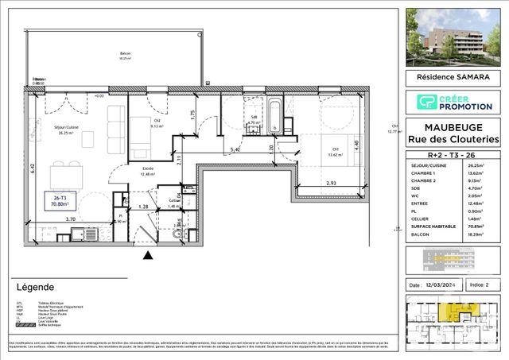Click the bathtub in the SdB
[274, 114]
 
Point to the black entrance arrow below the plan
[146, 256]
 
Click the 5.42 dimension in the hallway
[235, 149]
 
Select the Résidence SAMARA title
[453, 78]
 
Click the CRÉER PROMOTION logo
[453, 101]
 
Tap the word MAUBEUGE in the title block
[453, 127]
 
